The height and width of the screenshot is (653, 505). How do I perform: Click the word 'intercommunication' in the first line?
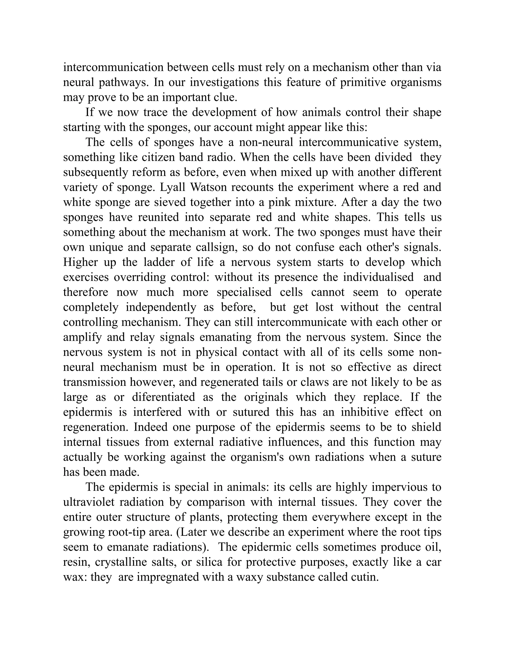point(113,67)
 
